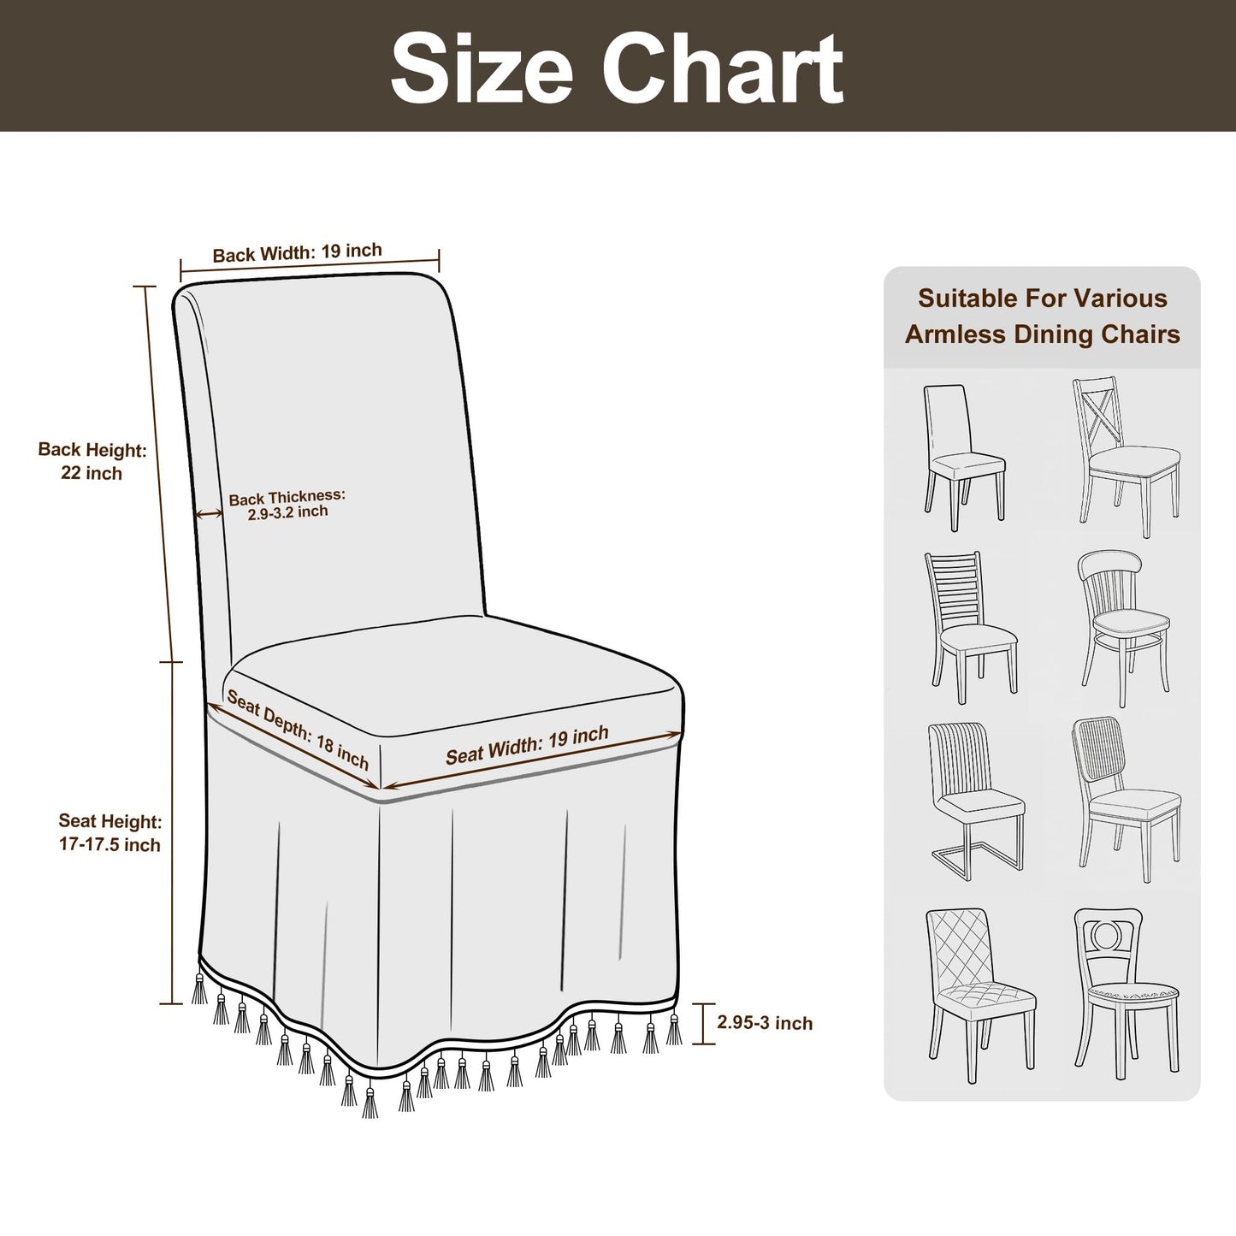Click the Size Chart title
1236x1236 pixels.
pyautogui.click(x=617, y=68)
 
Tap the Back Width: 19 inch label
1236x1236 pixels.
pyautogui.click(x=297, y=252)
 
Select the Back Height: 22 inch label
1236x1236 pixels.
pyautogui.click(x=92, y=461)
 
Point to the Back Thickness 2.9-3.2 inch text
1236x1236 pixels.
pyautogui.click(x=287, y=504)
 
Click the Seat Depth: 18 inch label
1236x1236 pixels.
pyautogui.click(x=298, y=730)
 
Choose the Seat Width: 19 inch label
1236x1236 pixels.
pyautogui.click(x=527, y=745)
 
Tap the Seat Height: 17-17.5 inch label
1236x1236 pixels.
pyautogui.click(x=109, y=832)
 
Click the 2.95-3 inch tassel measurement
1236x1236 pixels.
pyautogui.click(x=765, y=1022)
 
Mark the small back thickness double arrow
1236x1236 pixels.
pyautogui.click(x=209, y=513)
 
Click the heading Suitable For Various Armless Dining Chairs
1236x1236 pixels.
pyautogui.click(x=1043, y=316)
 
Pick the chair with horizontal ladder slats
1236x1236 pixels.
pyautogui.click(x=971, y=627)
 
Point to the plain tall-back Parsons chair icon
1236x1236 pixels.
pyautogui.click(x=964, y=458)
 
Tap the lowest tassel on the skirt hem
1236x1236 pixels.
pyautogui.click(x=369, y=1101)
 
